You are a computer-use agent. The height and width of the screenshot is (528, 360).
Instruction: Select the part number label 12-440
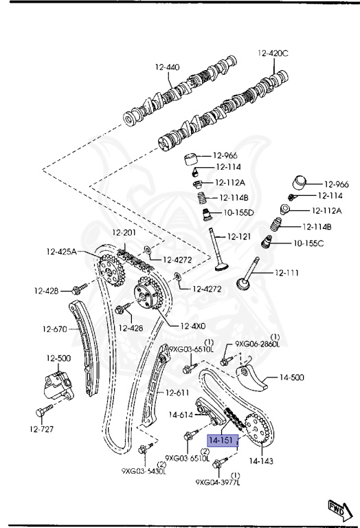(x=167, y=67)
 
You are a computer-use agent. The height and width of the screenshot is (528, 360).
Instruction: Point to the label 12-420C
(x=273, y=53)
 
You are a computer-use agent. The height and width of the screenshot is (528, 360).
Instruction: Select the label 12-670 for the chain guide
(x=55, y=329)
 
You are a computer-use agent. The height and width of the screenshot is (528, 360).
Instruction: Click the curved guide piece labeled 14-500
(x=253, y=379)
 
